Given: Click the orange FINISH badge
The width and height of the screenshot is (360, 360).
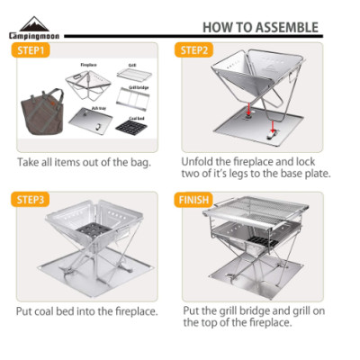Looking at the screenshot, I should click(x=199, y=199).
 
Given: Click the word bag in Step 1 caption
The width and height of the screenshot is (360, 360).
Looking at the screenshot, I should click(x=138, y=163).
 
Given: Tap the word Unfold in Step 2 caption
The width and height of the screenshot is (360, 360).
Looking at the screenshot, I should click(x=200, y=159).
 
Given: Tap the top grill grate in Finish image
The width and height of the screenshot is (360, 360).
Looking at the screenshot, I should click(x=261, y=216).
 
